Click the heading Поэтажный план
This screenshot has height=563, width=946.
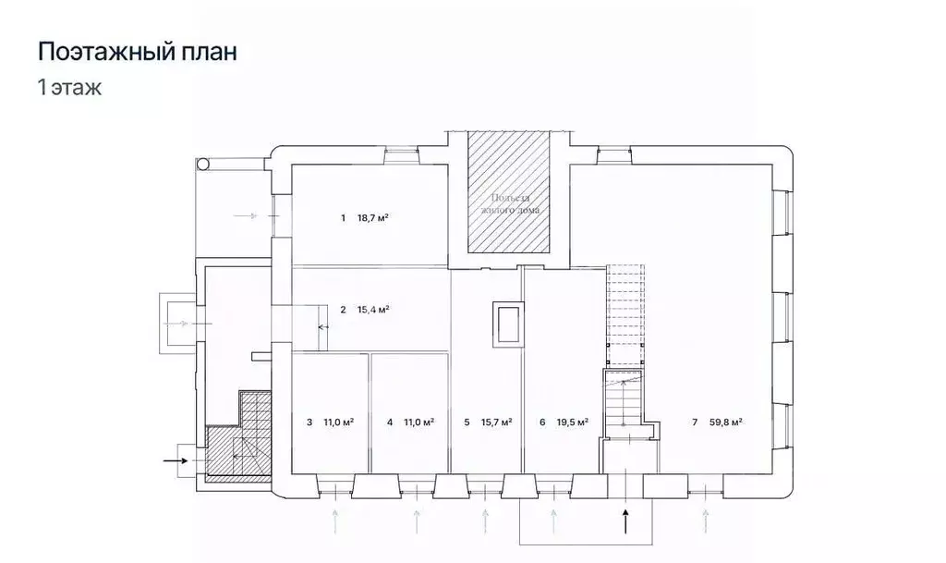pyautogui.click(x=137, y=52)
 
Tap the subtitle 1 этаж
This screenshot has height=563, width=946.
pyautogui.click(x=69, y=89)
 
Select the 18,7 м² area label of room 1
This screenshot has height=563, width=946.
pyautogui.click(x=372, y=218)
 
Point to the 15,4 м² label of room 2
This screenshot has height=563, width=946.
pyautogui.click(x=372, y=310)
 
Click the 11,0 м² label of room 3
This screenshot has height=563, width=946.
pyautogui.click(x=338, y=422)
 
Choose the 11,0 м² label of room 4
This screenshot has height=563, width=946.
pyautogui.click(x=418, y=422)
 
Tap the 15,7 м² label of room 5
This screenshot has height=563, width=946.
pyautogui.click(x=496, y=422)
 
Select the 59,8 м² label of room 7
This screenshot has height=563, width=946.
pyautogui.click(x=726, y=422)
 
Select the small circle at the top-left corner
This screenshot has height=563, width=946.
pyautogui.click(x=202, y=164)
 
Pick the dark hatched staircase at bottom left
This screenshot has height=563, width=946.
pyautogui.click(x=237, y=444)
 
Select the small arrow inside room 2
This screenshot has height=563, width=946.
pyautogui.click(x=323, y=326)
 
